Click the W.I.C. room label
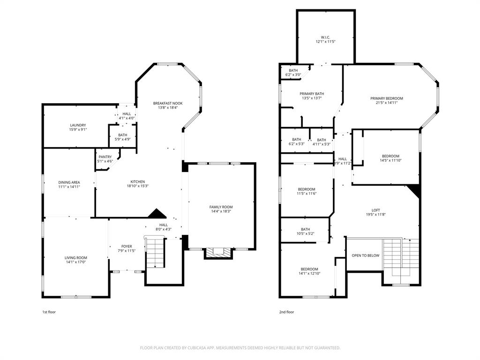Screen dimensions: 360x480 coord(325,37)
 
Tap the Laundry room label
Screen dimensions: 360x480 coord(78,125)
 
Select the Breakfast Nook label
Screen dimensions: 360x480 coord(168,103)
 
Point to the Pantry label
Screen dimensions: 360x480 coord(105,157)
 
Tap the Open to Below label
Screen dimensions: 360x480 coord(366,255)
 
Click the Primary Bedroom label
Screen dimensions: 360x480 coord(387,98)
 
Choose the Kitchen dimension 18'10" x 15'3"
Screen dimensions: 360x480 coord(138,186)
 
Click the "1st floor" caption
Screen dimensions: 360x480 coord(49,312)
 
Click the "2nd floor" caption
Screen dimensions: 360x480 coord(286,312)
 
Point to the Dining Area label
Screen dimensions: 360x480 coord(69,182)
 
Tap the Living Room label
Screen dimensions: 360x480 coord(76,258)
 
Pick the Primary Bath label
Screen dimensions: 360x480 coord(312,94)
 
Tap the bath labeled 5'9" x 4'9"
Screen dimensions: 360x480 coord(123,135)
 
